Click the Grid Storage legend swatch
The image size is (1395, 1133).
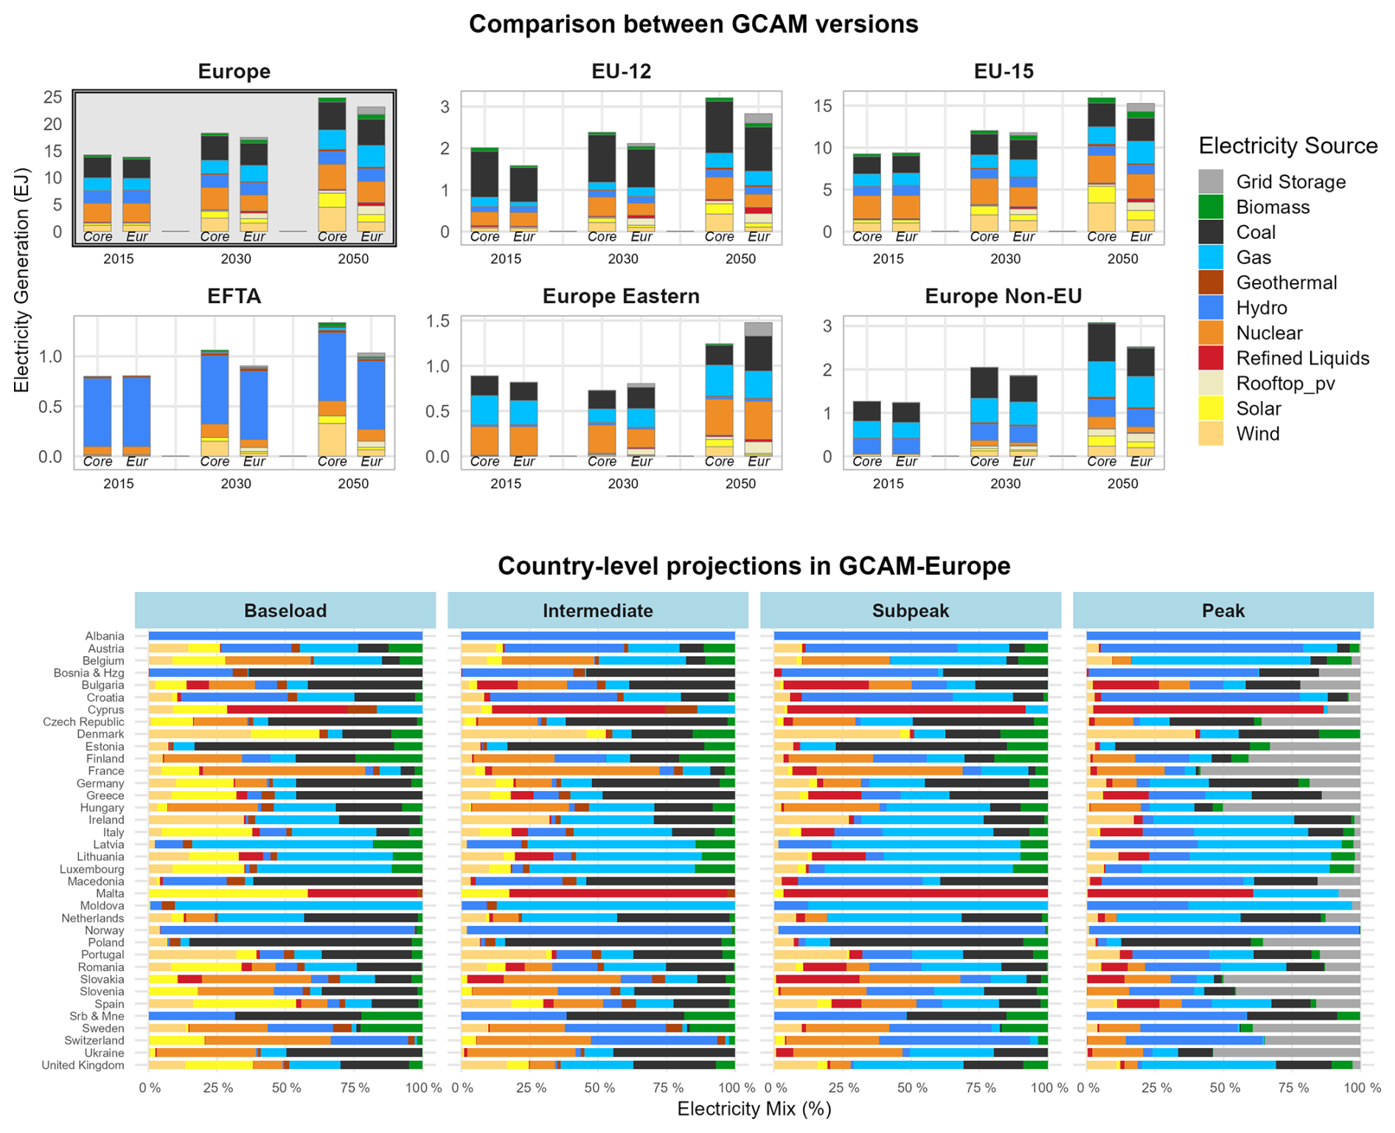(1211, 181)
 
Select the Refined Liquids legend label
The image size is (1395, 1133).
(1303, 358)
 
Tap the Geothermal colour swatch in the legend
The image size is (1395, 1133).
(1211, 282)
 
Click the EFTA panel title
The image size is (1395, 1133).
(234, 296)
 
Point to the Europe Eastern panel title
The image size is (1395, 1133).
(621, 296)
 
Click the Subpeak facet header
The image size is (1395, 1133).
(911, 610)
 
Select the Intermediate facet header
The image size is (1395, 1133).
(598, 610)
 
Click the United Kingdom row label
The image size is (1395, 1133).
(83, 1065)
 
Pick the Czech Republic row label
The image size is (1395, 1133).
(83, 722)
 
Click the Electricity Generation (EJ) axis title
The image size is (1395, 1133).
(21, 281)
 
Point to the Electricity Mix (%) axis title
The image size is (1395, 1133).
(754, 1109)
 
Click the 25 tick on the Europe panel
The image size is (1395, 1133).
(53, 97)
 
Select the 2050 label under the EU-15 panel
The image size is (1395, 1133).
(1123, 259)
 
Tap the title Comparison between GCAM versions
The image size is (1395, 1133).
(694, 24)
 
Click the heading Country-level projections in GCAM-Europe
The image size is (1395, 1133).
(754, 566)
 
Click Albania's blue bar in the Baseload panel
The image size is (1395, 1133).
(285, 635)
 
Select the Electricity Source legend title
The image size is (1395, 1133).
(1288, 146)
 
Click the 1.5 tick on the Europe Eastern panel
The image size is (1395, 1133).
(439, 321)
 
